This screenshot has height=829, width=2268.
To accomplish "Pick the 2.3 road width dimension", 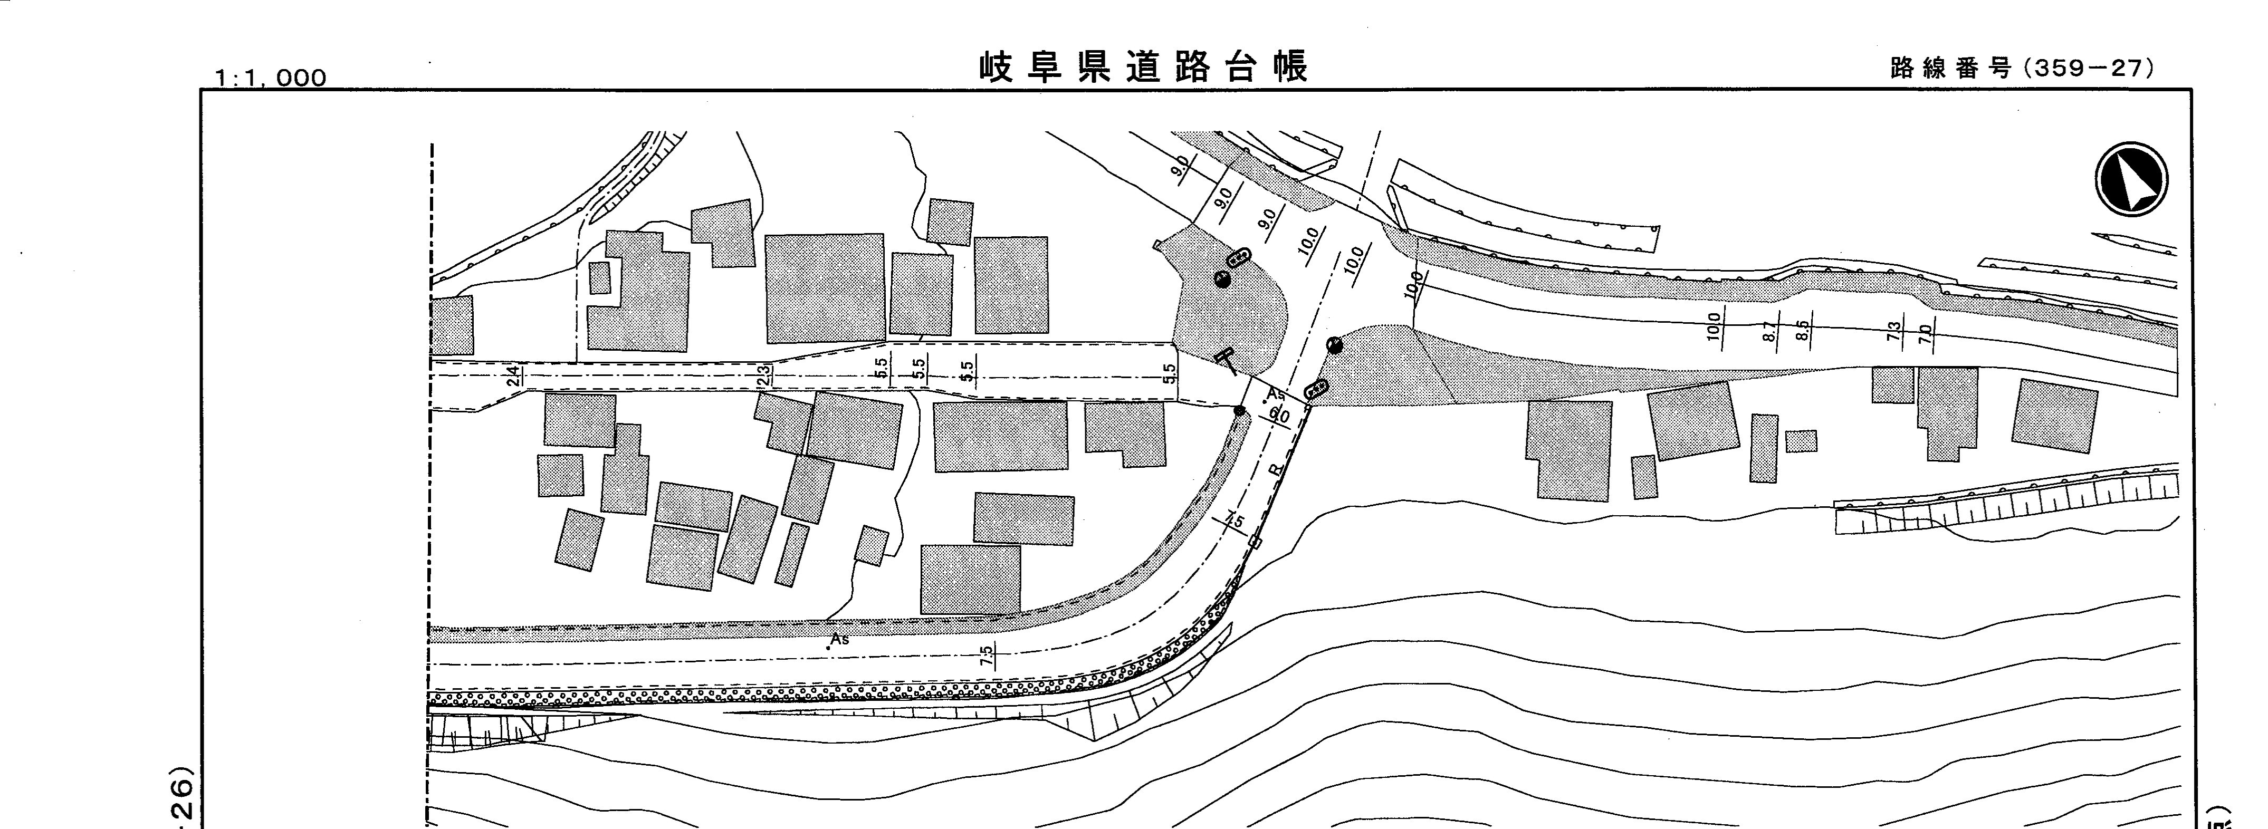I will tap(764, 375).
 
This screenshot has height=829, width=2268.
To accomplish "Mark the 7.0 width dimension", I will tap(1925, 333).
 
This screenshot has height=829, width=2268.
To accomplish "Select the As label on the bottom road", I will tap(839, 639).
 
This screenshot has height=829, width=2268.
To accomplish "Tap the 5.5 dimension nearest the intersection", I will tap(1169, 373).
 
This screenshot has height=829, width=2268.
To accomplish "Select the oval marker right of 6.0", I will tap(1316, 389).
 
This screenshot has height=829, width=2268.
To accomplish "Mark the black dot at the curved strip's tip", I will tap(1240, 410).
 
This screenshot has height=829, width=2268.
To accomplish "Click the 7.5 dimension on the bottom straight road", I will tap(986, 655).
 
